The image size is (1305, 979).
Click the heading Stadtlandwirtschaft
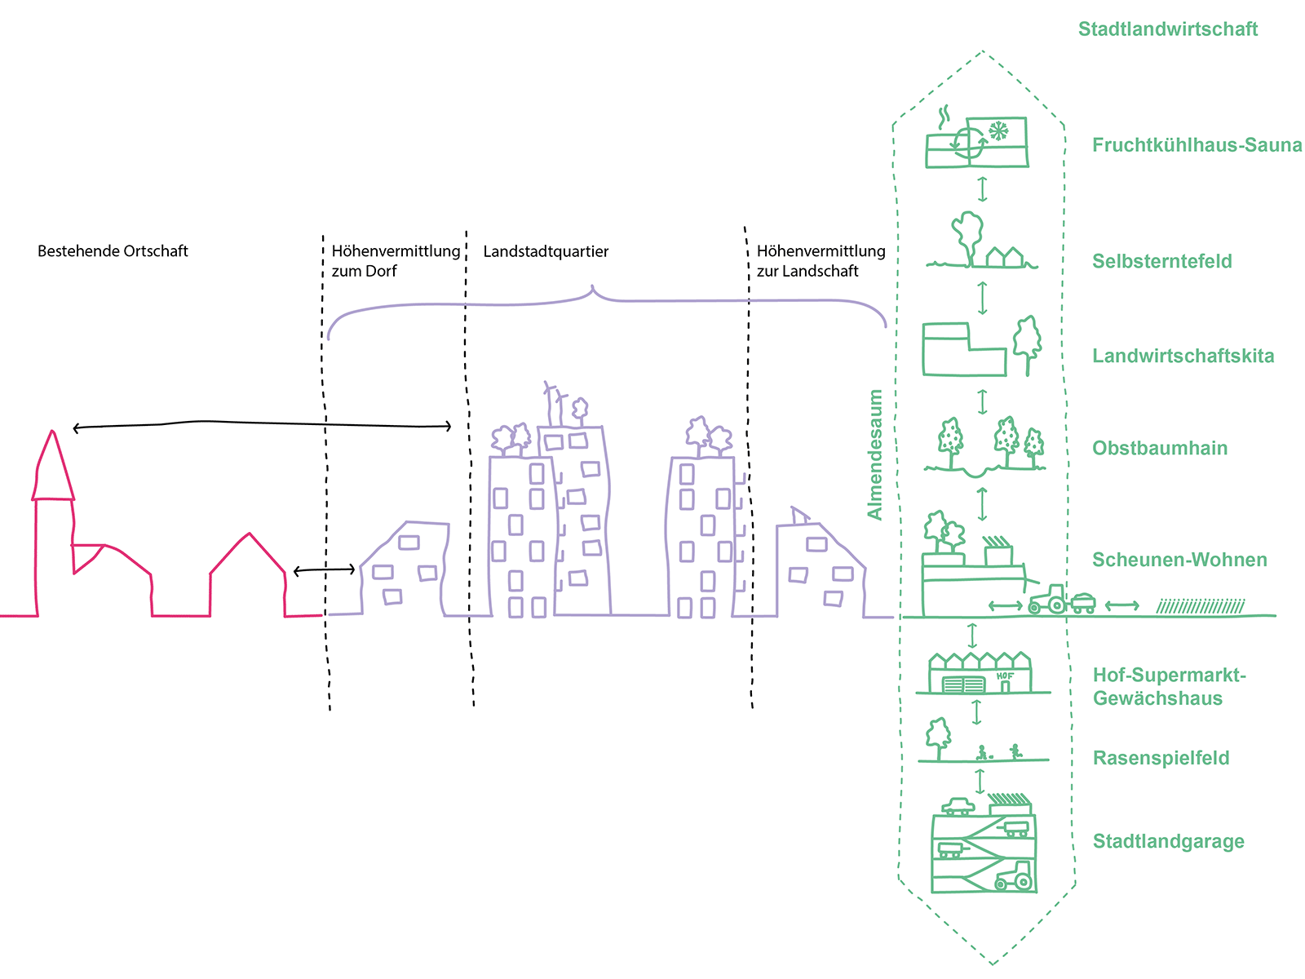(x=1167, y=29)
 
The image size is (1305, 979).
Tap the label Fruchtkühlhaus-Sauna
(x=1197, y=145)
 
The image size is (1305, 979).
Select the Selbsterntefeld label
(x=1161, y=261)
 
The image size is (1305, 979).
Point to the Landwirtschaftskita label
(x=1183, y=356)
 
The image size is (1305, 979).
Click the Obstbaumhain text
(x=1159, y=448)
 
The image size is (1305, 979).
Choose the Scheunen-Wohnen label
(x=1179, y=560)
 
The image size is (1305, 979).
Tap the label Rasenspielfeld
(x=1161, y=758)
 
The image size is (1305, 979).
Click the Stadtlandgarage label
(x=1168, y=841)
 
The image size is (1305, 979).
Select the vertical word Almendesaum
(x=875, y=454)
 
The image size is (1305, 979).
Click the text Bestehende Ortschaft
(x=113, y=251)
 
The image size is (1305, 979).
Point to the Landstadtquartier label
(x=546, y=252)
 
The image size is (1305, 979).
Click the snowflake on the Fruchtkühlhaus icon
(x=998, y=131)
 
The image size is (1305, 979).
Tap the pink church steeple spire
(x=53, y=465)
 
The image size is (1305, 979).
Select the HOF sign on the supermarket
(x=1005, y=676)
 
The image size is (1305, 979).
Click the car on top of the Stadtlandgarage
(x=958, y=807)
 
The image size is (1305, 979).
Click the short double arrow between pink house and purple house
(x=324, y=569)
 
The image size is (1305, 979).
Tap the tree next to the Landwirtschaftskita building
(x=1027, y=343)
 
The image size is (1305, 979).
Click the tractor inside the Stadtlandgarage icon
(x=1015, y=877)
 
